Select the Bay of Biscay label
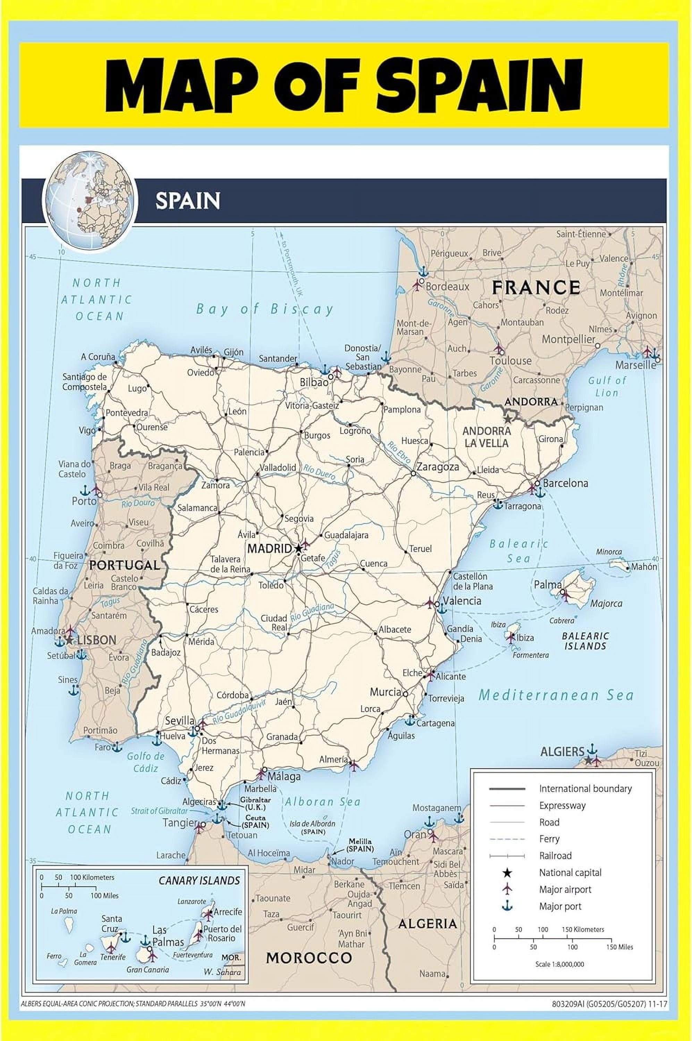pyautogui.click(x=265, y=309)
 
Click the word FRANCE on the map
pyautogui.click(x=536, y=288)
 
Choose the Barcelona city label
pyautogui.click(x=565, y=483)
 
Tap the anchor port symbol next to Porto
pyautogui.click(x=84, y=490)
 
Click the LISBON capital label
pyautogui.click(x=96, y=640)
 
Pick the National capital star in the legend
pyautogui.click(x=507, y=873)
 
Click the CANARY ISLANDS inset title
pyautogui.click(x=199, y=881)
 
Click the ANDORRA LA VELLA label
pyautogui.click(x=486, y=437)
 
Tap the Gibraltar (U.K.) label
pyautogui.click(x=255, y=803)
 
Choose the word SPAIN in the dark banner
pyautogui.click(x=187, y=201)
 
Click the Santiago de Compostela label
pyautogui.click(x=84, y=382)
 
